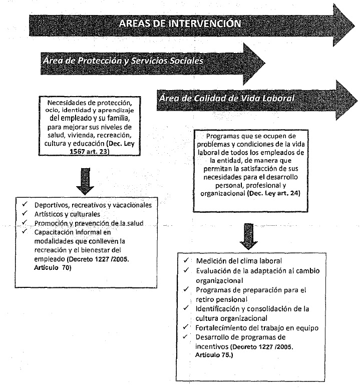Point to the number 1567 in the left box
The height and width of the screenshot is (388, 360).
[x=53, y=145]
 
